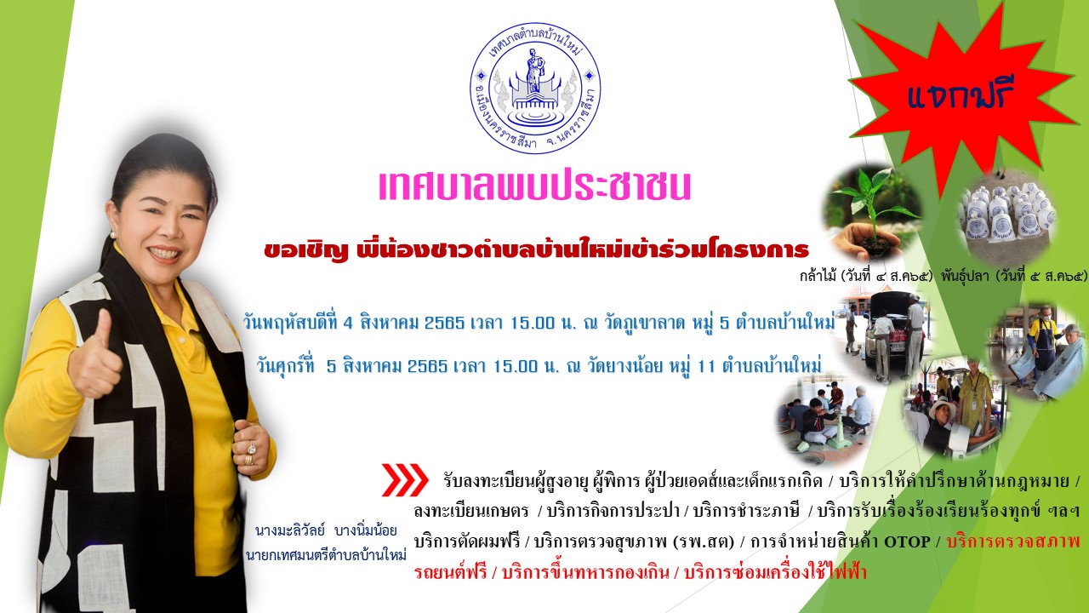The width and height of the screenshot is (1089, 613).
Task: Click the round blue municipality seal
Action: coord(535,89)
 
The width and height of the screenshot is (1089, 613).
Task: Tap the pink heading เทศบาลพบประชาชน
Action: coord(535,186)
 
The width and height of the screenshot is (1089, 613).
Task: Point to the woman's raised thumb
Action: coord(103,324)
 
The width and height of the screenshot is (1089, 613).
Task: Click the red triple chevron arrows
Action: coord(404,479)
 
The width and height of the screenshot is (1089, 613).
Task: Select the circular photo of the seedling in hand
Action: coord(873,213)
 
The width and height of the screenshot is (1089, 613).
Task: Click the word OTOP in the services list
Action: coord(907,541)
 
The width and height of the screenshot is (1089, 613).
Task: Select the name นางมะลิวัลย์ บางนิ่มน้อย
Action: coord(326,530)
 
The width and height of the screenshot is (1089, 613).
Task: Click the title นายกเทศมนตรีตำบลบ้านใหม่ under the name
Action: coord(326,554)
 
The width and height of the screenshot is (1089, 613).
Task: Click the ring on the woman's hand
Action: coord(253,448)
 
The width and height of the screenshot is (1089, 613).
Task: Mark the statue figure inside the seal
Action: coord(534,71)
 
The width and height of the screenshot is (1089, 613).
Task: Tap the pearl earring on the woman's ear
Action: coord(113,235)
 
